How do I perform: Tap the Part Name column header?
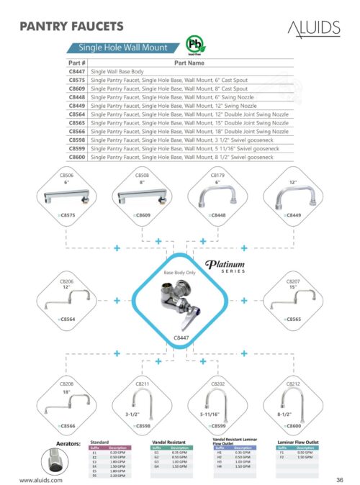pyautogui.click(x=190, y=63)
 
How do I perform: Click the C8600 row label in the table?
pyautogui.click(x=76, y=157)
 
